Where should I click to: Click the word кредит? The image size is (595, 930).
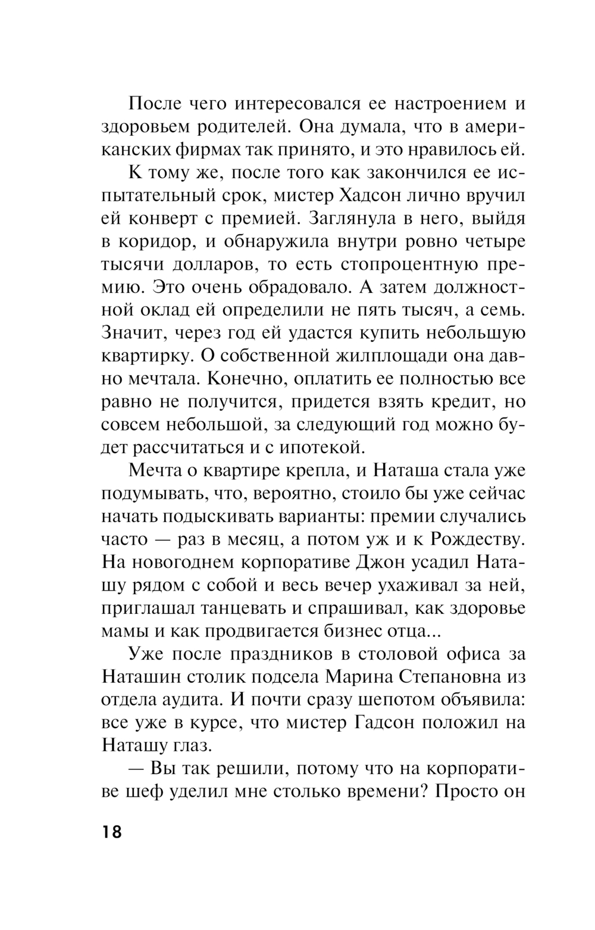[x=449, y=402]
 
